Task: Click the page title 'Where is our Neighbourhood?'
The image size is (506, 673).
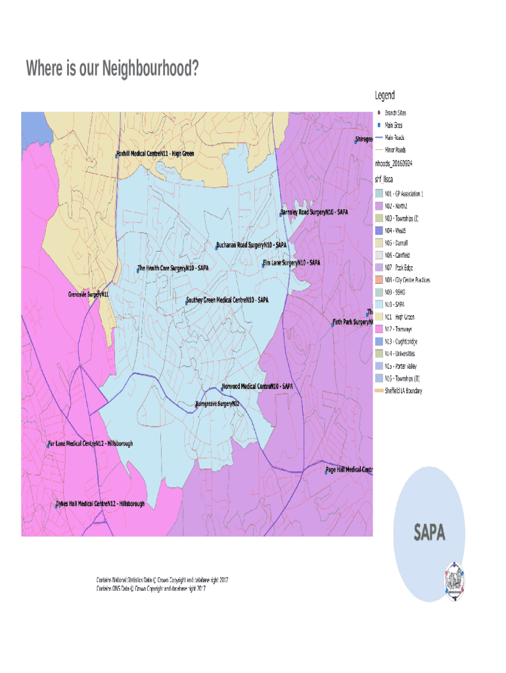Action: pos(112,68)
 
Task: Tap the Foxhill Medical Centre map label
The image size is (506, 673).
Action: pos(155,154)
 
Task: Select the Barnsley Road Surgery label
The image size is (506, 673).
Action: pos(314,212)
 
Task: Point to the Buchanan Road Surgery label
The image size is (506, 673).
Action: pos(252,245)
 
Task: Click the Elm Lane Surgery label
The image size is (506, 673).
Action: pos(292,263)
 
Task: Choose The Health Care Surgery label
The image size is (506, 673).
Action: pos(173,268)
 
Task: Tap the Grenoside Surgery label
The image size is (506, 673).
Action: pos(88,294)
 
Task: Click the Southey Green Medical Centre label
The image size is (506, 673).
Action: pos(227,300)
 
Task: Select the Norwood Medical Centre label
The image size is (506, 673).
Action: pos(257,386)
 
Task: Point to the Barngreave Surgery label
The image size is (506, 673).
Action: pos(218,404)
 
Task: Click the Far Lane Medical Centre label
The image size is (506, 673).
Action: pos(91,444)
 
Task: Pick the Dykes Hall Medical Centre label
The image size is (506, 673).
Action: pos(100,504)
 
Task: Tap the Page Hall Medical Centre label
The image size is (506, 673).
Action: pos(350,469)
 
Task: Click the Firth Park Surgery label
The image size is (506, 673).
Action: pos(353,323)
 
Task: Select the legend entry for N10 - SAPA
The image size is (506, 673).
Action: pos(394,304)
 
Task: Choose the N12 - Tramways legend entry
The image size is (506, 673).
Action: pos(398,329)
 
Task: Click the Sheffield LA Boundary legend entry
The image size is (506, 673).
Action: pos(403,391)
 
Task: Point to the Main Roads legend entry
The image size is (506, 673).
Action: pos(394,137)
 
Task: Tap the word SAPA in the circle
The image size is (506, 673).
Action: pos(429,533)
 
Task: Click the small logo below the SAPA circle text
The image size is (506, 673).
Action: pos(454,579)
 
